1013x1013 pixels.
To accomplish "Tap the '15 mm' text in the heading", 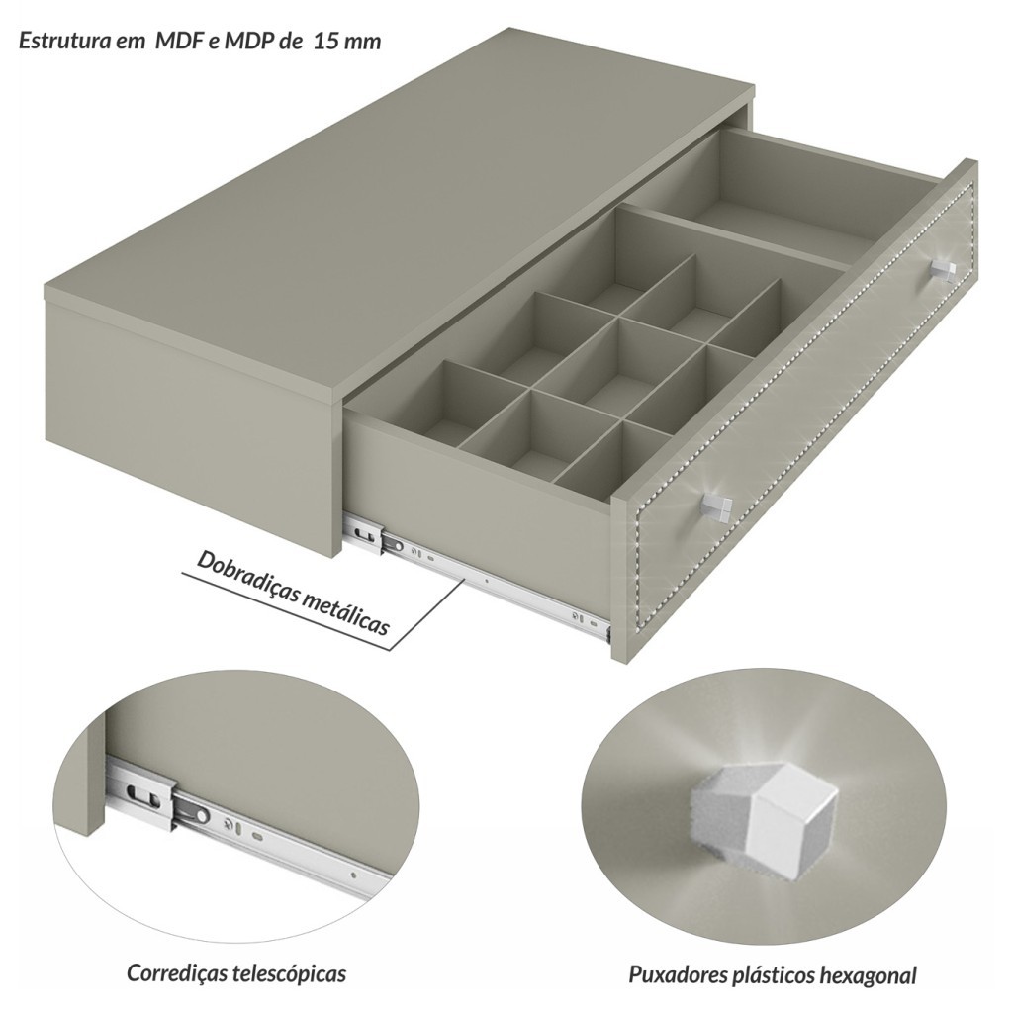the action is pyautogui.click(x=347, y=42).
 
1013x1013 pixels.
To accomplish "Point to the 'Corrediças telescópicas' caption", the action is pyautogui.click(x=236, y=972).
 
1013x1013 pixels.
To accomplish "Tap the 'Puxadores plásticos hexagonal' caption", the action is pyautogui.click(x=773, y=974).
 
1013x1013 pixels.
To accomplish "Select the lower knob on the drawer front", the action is pyautogui.click(x=716, y=505).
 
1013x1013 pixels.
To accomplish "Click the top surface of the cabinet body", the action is pyautogui.click(x=400, y=214).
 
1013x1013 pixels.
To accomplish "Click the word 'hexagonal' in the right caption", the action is pyautogui.click(x=869, y=974).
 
